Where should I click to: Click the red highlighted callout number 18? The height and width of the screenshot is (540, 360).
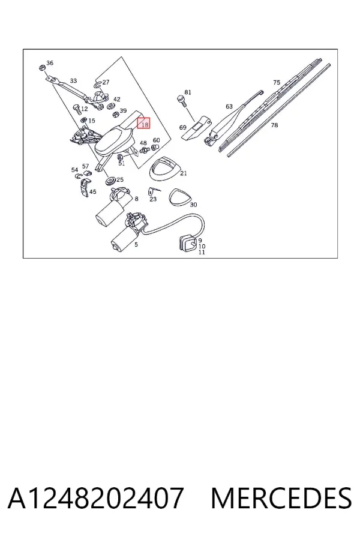point(143,123)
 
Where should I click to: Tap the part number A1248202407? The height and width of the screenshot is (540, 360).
point(95,499)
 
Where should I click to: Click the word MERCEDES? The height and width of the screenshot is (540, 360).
point(281,499)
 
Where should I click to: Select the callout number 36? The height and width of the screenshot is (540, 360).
point(50,62)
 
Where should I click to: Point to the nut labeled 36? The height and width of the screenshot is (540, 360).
point(41,67)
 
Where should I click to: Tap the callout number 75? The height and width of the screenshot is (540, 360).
point(277,82)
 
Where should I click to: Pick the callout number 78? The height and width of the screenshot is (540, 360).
point(274,125)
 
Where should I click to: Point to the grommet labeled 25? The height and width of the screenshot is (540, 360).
point(111,181)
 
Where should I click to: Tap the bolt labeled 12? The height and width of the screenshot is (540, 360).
point(76,110)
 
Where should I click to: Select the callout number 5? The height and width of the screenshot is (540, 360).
point(136,245)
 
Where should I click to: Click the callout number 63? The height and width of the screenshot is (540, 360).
point(229,106)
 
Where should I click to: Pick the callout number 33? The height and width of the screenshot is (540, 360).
point(73,80)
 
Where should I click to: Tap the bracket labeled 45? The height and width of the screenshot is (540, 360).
point(83,188)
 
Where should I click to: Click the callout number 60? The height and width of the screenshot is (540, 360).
point(157,140)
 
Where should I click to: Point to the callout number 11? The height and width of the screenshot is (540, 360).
point(202,252)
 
